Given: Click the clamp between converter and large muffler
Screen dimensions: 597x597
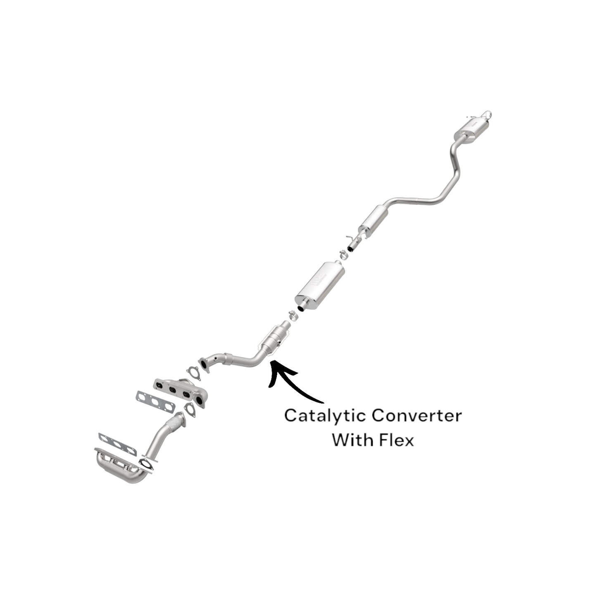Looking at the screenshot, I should pyautogui.click(x=293, y=316).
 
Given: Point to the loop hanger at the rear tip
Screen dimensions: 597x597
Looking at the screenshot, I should pyautogui.click(x=488, y=114).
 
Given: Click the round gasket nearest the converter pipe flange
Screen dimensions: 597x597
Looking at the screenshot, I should pyautogui.click(x=193, y=372).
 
